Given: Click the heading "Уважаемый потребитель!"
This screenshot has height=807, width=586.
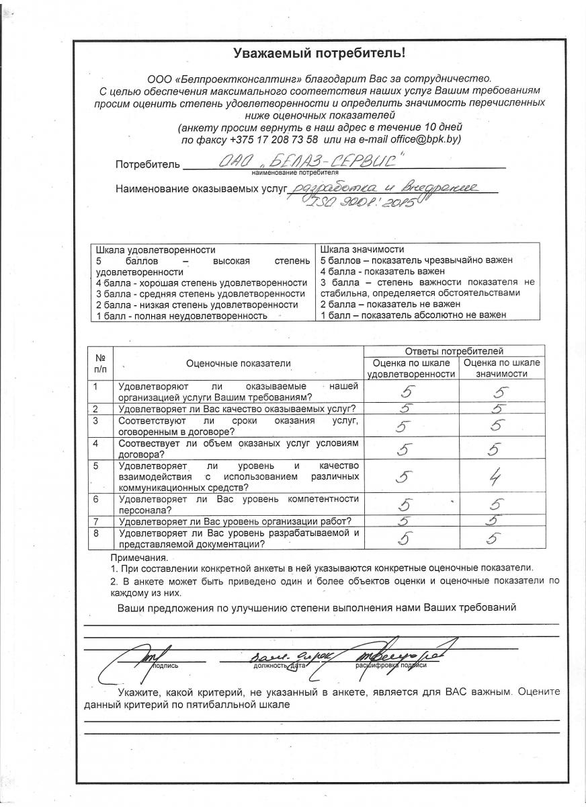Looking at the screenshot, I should pyautogui.click(x=319, y=52).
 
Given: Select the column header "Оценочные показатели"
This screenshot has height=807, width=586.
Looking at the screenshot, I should pyautogui.click(x=239, y=363).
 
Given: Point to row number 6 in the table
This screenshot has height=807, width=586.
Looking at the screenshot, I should pyautogui.click(x=96, y=499).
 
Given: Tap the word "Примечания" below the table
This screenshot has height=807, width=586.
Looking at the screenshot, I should pyautogui.click(x=139, y=558).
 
